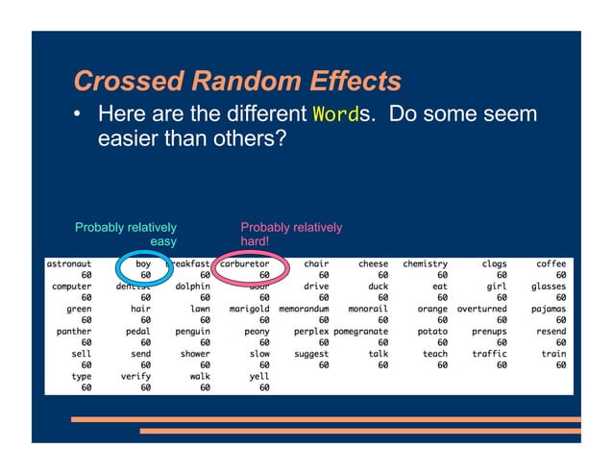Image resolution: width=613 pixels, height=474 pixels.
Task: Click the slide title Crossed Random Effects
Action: point(236,81)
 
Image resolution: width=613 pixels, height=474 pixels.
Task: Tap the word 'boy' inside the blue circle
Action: point(142,262)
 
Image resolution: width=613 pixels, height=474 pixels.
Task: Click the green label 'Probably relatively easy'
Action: point(126,236)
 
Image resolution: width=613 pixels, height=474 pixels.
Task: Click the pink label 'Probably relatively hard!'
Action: point(290,236)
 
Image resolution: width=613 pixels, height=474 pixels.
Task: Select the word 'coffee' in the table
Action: point(551,262)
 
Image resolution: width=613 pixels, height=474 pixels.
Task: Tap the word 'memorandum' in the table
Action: point(304,310)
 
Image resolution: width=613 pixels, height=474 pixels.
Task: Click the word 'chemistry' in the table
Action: point(426,262)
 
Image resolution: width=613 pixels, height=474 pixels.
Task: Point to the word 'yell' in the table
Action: point(258,376)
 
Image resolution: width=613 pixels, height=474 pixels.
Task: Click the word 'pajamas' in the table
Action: point(548,310)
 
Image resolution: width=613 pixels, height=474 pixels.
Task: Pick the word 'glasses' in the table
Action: point(548,286)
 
